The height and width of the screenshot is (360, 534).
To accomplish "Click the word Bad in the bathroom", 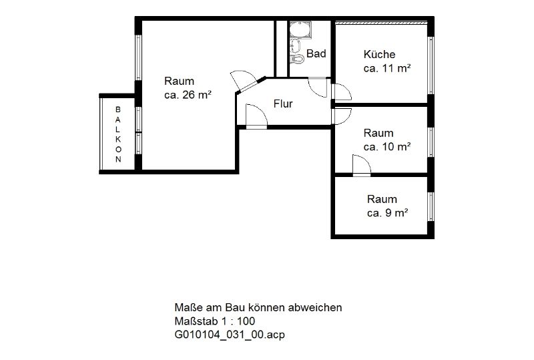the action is point(316,53).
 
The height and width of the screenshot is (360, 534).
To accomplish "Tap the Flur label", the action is point(283,104).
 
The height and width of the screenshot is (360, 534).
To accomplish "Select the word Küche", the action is point(379,54).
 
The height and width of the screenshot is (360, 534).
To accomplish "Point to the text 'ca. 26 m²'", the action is point(188,95).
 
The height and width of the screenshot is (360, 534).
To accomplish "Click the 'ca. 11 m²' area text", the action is point(387,68).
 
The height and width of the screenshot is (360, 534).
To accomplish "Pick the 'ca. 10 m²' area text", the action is point(387,146).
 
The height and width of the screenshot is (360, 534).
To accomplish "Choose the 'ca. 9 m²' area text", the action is point(388,212).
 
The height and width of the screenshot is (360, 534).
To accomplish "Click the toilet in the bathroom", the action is point(297,59).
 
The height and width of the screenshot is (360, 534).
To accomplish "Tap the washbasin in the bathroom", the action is point(295,45).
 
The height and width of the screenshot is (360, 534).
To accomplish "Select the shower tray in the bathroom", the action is point(300,29).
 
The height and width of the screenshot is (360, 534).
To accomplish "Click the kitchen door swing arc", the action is point(344,89).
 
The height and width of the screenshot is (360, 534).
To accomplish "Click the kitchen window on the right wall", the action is point(431,65).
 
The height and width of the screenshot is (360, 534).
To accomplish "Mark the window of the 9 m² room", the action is point(431,206).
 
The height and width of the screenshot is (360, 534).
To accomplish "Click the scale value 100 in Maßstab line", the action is point(246,321).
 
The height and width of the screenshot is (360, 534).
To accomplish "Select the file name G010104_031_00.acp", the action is point(230,335).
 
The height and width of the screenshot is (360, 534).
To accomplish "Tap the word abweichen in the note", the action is point(315,307).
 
